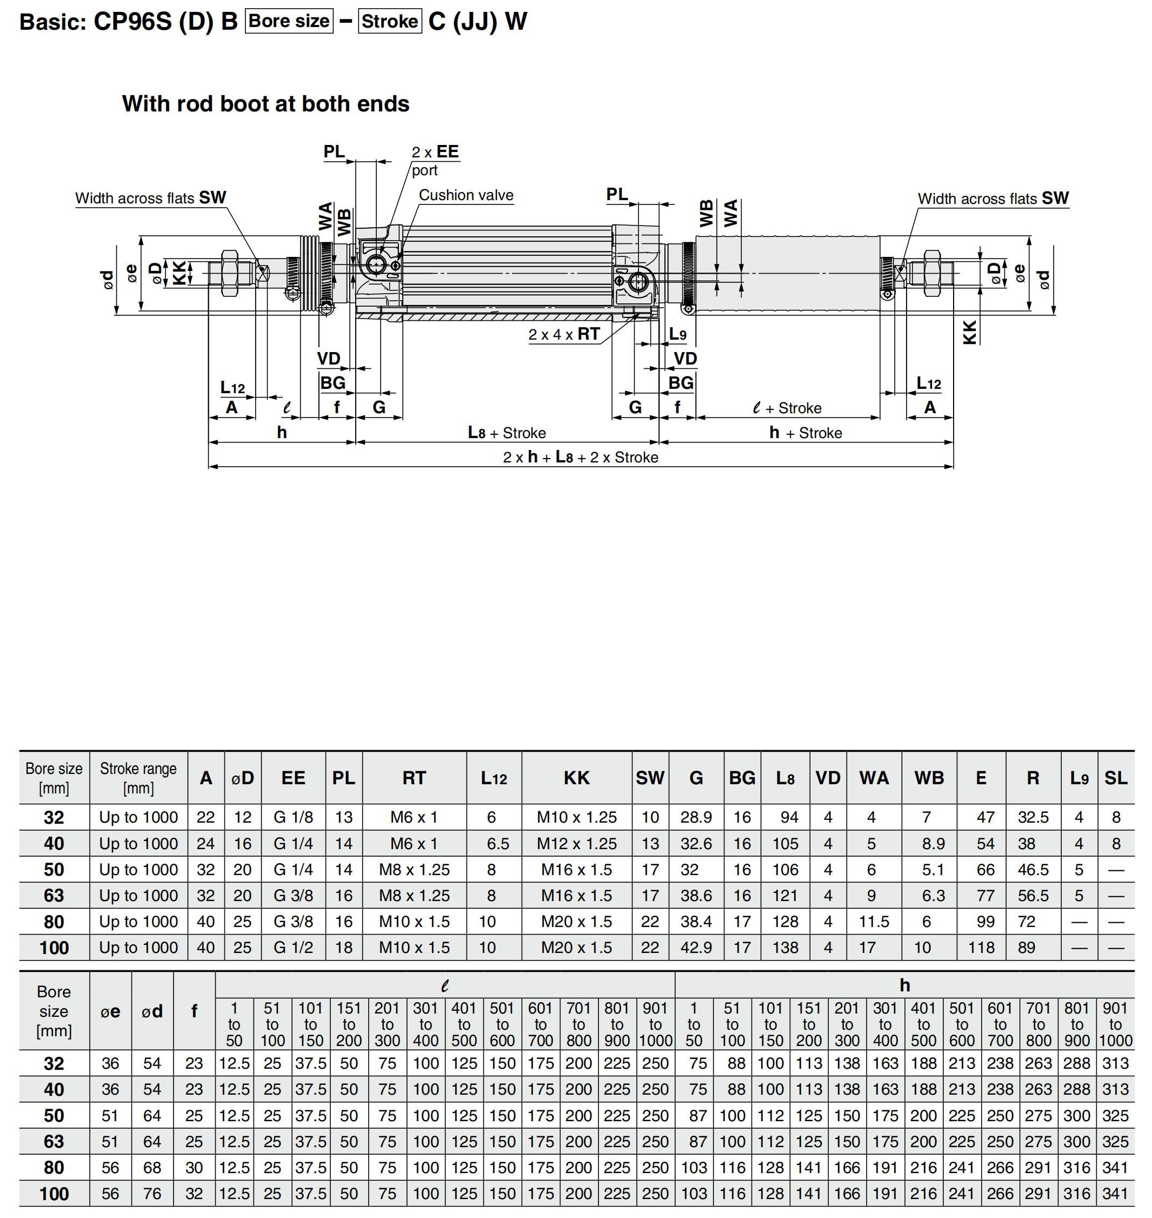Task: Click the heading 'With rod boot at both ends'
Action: click(x=265, y=104)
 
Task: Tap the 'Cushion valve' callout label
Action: click(x=465, y=195)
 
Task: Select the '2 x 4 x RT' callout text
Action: click(x=564, y=334)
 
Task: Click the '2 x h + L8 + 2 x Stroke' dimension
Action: click(x=580, y=457)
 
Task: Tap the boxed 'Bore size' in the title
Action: click(x=289, y=21)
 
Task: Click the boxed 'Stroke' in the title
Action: click(x=390, y=22)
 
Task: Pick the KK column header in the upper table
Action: click(x=576, y=778)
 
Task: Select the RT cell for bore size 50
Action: click(x=414, y=870)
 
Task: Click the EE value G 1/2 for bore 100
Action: click(x=293, y=947)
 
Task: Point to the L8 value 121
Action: click(x=785, y=896)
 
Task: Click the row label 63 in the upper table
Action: click(x=54, y=896)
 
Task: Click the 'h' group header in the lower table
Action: click(x=904, y=985)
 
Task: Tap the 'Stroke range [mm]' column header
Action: click(x=138, y=778)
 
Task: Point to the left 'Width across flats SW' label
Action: click(x=150, y=198)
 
